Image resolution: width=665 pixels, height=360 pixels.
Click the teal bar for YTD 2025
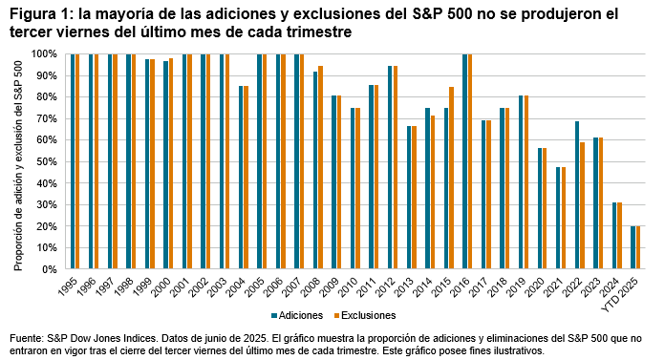click(633, 247)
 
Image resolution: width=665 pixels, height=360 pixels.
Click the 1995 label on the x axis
click(73, 286)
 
